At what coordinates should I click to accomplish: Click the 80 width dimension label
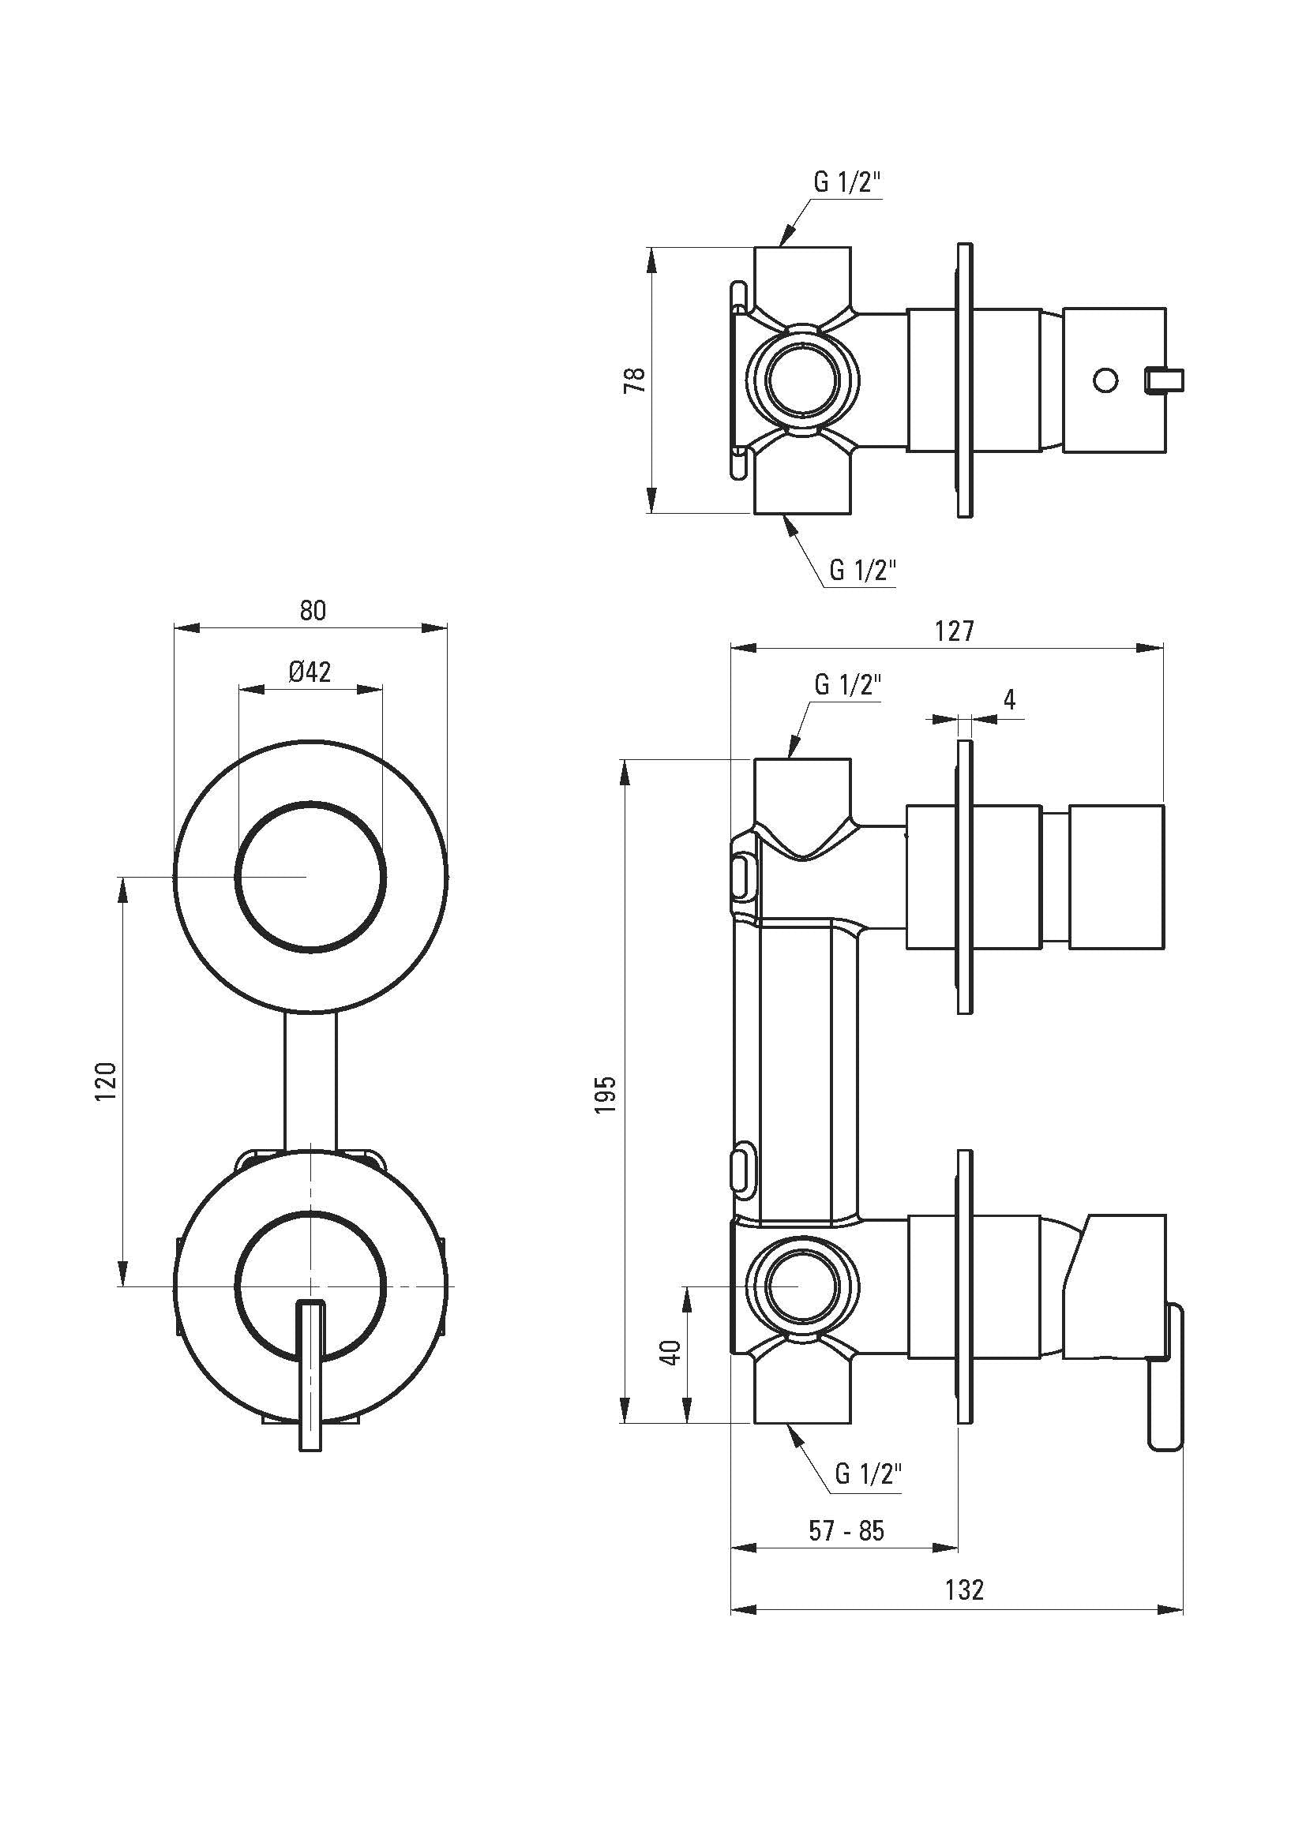pos(313,612)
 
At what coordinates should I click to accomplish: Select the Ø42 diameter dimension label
pos(310,672)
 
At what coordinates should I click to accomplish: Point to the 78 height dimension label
pos(635,380)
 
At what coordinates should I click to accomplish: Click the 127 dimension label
pos(955,631)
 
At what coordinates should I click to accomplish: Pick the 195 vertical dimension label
pos(607,1093)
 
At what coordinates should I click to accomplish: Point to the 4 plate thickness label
pos(1010,698)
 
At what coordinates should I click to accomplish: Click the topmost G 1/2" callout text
pos(847,183)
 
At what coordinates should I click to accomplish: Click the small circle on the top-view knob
pos(1106,380)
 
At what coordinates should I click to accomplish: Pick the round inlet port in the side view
pos(803,1286)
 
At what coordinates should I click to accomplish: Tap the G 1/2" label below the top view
pos(863,571)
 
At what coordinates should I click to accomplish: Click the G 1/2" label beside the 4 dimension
pos(848,685)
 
